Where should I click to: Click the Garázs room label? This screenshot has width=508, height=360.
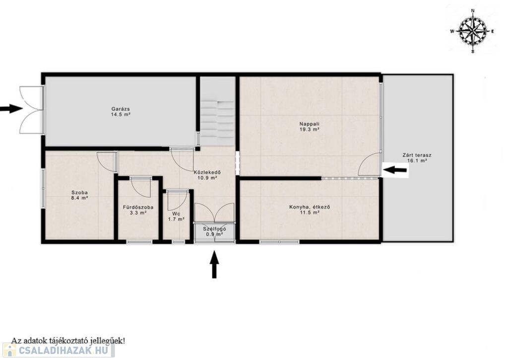click(121, 112)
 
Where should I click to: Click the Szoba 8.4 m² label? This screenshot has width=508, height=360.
click(80, 195)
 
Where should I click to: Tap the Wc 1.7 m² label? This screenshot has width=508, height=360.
click(176, 216)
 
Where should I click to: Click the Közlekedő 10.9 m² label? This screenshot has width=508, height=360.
click(207, 175)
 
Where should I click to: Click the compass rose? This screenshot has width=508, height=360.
click(473, 31)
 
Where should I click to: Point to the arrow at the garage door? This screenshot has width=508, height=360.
click(11, 108)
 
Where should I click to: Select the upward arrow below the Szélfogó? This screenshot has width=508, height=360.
click(214, 264)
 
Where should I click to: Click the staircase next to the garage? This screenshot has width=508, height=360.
click(217, 111)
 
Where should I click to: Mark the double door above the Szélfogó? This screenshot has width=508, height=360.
click(214, 213)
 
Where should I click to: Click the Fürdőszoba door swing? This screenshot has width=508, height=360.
click(141, 187)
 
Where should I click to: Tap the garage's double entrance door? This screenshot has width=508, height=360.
click(31, 109)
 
